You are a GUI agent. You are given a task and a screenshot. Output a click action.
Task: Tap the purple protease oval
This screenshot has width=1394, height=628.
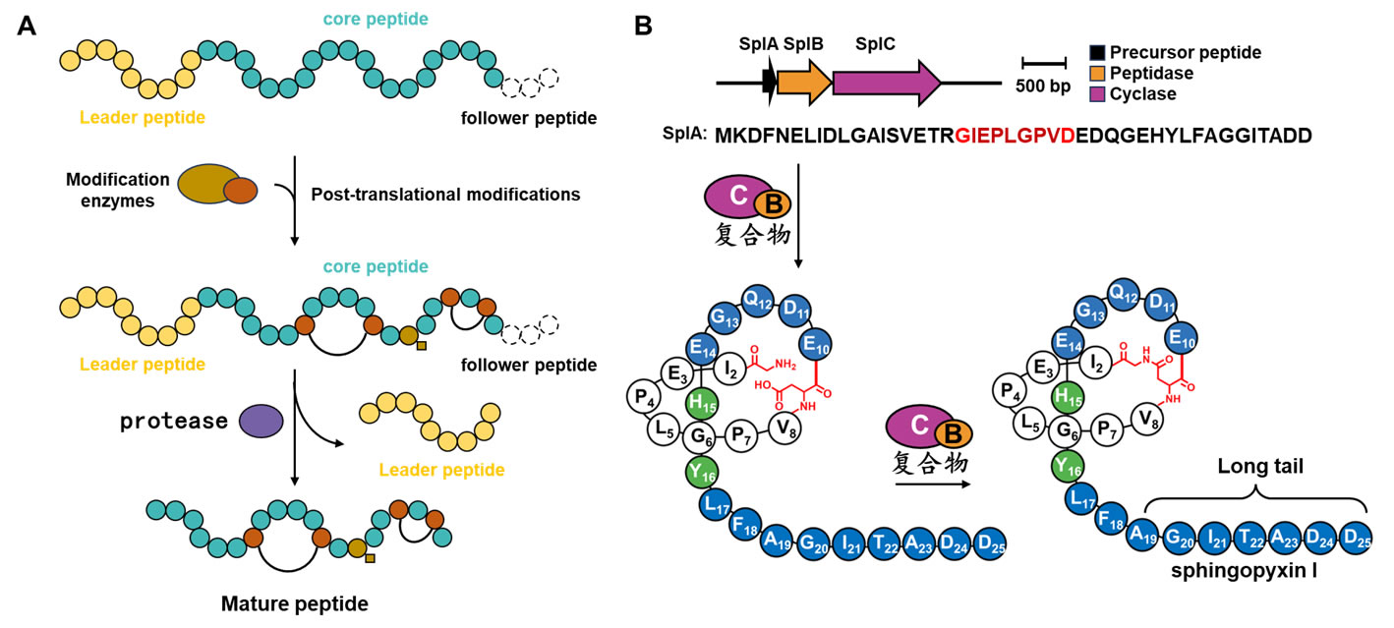coord(261,421)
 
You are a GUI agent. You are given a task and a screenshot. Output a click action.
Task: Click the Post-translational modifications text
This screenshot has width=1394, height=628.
coord(445,194)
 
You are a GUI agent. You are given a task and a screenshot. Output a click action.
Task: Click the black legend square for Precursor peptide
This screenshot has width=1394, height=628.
coord(1099,51)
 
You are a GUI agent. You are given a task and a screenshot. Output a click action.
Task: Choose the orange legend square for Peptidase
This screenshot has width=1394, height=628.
coord(1099,73)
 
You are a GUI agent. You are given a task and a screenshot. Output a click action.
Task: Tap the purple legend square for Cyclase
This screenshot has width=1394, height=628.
coord(1099,94)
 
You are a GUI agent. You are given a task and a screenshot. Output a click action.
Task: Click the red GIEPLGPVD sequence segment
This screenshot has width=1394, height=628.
coord(1015,135)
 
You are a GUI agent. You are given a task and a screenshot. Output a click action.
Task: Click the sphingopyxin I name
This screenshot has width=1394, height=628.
coord(1254,570)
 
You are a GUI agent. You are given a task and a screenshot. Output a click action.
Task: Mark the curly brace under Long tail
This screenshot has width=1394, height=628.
coord(1256,497)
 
